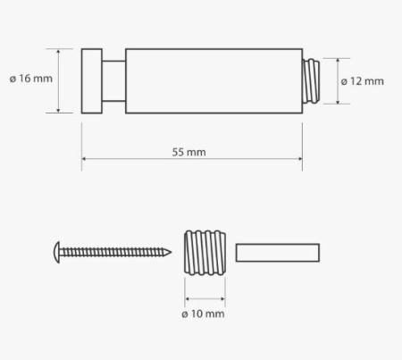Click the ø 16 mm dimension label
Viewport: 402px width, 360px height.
click(x=31, y=79)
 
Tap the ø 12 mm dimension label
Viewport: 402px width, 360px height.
click(x=362, y=81)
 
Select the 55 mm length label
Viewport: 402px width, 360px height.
click(x=188, y=152)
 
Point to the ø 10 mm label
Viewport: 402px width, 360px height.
click(x=203, y=314)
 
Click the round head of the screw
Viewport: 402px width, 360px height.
click(x=56, y=252)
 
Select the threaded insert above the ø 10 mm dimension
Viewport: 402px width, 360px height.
click(x=205, y=253)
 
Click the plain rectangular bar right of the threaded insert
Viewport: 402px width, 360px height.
click(x=278, y=253)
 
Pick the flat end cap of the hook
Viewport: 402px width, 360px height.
click(x=92, y=81)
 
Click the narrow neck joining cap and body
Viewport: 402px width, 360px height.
click(x=113, y=81)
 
